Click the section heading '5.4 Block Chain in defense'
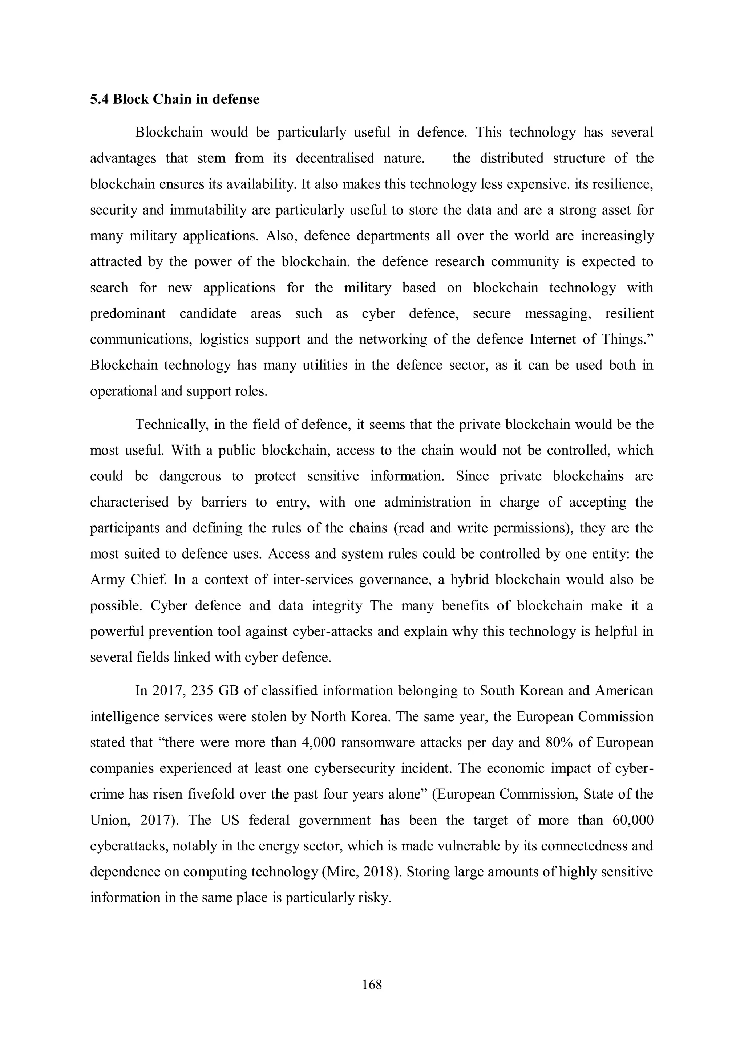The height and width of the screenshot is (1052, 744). tap(174, 99)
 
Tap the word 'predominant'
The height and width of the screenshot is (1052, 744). tap(128, 314)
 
